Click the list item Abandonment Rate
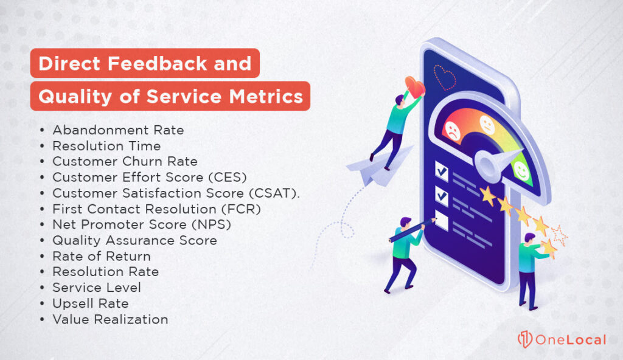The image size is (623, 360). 118,130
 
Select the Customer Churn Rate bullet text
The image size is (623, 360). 125,162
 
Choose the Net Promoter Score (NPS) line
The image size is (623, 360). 141,225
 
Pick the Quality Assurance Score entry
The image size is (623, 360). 134,241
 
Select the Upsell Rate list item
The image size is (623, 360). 90,303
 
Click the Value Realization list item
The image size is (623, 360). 110,319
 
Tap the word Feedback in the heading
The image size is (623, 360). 165,63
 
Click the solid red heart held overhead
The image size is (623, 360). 416,88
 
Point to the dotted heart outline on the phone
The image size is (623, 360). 445,76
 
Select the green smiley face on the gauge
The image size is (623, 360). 521,170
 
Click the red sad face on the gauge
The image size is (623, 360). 452,130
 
